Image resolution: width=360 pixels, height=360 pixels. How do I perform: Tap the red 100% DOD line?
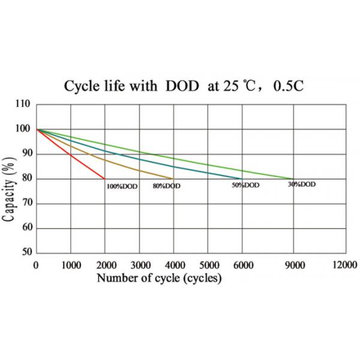pyautogui.click(x=71, y=154)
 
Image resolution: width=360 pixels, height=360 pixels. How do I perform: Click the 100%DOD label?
pyautogui.click(x=122, y=187)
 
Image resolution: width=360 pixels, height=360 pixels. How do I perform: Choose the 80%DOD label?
pyautogui.click(x=166, y=187)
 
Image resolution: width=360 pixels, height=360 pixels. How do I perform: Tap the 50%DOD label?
pyautogui.click(x=245, y=185)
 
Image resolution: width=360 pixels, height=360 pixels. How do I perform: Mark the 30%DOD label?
pyautogui.click(x=301, y=185)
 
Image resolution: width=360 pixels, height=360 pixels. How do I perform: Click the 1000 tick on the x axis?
pyautogui.click(x=71, y=265)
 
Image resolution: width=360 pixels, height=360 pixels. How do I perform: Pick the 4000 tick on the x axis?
pyautogui.click(x=173, y=265)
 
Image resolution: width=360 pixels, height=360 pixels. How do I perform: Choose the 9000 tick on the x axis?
pyautogui.click(x=293, y=265)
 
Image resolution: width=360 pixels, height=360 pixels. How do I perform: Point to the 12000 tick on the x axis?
pyautogui.click(x=344, y=265)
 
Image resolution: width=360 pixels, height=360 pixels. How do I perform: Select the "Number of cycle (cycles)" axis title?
pyautogui.click(x=159, y=278)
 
